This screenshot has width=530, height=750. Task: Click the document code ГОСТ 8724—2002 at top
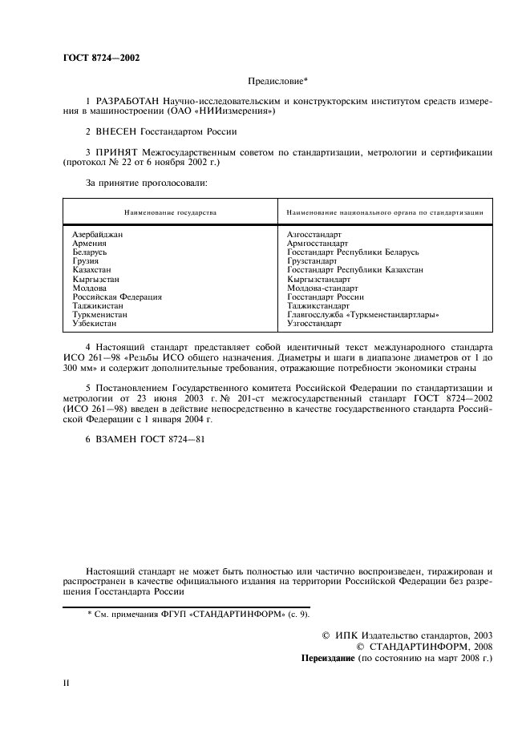[101, 58]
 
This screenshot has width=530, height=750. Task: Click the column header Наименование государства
[170, 212]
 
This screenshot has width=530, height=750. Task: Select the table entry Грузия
[85, 261]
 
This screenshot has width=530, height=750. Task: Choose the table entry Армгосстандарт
[317, 243]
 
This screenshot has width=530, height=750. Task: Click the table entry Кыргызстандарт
[318, 279]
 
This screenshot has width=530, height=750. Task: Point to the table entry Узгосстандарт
[314, 323]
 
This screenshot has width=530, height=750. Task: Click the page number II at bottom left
[67, 683]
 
